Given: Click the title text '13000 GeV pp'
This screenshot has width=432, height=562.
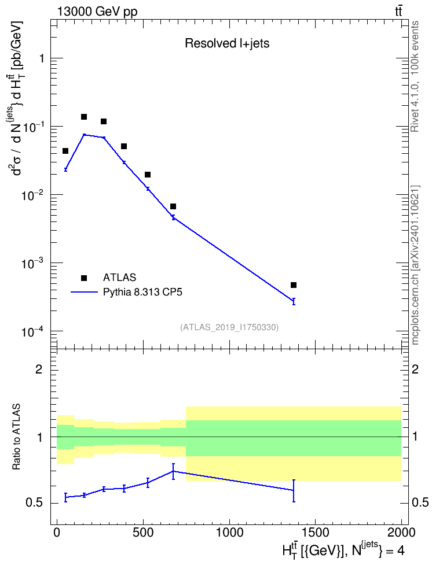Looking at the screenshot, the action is pos(97,12).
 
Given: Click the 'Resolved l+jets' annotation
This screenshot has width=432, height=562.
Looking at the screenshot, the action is pos(227,43).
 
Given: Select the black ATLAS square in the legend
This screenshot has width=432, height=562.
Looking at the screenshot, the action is pos(84,278).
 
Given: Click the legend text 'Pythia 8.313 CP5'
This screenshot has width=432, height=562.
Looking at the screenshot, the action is pos(142,293).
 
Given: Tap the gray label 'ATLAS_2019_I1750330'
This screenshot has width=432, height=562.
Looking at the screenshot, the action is pos(229,327).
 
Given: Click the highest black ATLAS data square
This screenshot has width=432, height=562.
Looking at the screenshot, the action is pos(84,117).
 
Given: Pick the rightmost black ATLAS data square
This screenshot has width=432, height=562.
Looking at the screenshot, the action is pos(294,285).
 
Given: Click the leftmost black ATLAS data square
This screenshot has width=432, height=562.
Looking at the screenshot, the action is pos(65,151).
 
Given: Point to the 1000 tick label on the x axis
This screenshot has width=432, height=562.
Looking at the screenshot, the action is pos(229,533).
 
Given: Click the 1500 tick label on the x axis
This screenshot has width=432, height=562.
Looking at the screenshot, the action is pos(315,533).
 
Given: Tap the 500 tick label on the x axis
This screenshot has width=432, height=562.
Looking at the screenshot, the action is pos(143,533).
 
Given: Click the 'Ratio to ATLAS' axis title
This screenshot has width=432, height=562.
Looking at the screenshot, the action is pos(16,437).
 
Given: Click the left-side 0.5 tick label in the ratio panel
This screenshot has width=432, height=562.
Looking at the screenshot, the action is pos(35,503).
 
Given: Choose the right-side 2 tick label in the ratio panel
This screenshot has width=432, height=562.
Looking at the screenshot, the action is pos(415,369).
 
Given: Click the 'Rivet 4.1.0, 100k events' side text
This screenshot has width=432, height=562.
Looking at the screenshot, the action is pos(415,77).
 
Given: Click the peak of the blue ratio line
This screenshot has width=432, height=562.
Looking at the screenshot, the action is pos(173,471).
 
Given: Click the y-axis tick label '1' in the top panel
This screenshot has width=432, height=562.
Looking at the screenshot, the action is pos(42,58).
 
